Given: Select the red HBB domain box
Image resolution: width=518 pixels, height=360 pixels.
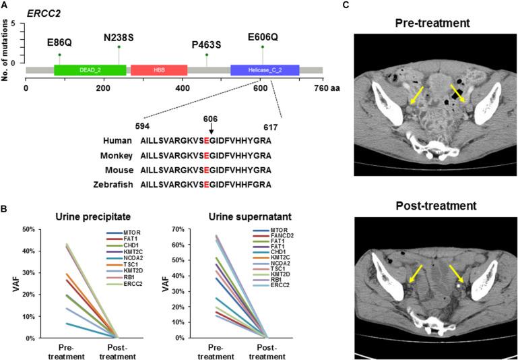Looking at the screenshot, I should tap(158, 70).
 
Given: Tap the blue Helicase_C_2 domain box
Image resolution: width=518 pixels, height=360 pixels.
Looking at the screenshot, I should tap(264, 70).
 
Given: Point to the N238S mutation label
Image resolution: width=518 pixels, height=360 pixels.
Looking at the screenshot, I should tap(119, 36).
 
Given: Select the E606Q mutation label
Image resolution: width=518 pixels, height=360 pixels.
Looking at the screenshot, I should tap(263, 36).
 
